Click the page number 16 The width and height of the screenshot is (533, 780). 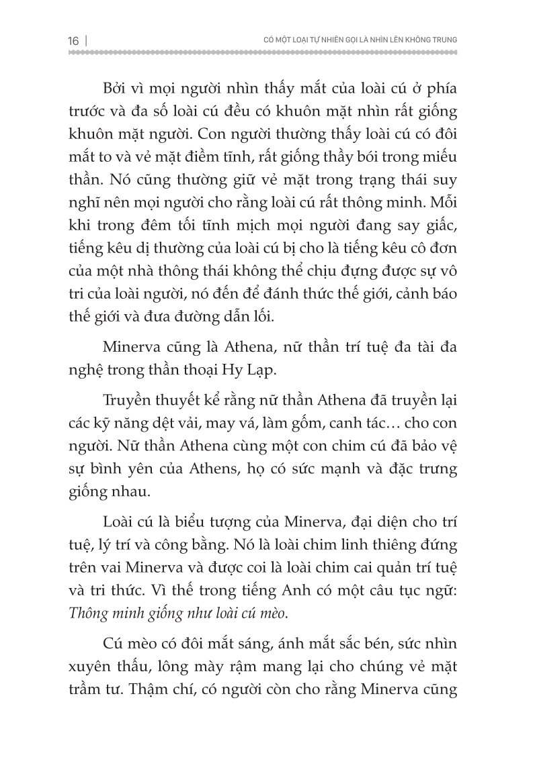coord(73,40)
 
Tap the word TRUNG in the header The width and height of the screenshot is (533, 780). coord(442,40)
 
